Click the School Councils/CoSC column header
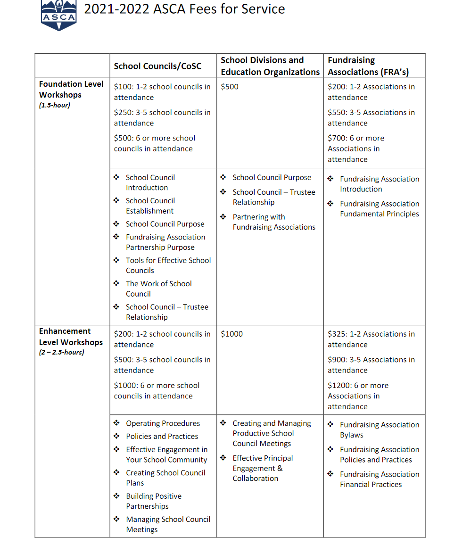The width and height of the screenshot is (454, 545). click(x=157, y=66)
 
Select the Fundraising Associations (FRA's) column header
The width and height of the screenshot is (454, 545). click(x=368, y=66)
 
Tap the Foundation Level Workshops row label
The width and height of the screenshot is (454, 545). click(x=71, y=89)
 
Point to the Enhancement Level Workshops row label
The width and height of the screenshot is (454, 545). click(x=71, y=337)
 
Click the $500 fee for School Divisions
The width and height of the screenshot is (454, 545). click(x=230, y=87)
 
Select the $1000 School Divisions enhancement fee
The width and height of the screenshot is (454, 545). click(x=232, y=334)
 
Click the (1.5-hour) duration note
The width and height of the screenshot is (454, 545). click(x=54, y=105)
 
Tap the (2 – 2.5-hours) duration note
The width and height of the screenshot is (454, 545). click(x=62, y=352)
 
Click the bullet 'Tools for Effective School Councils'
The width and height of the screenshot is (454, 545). click(x=168, y=265)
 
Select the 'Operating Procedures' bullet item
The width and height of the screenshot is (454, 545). click(x=163, y=423)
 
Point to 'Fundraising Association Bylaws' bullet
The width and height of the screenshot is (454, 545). click(x=379, y=429)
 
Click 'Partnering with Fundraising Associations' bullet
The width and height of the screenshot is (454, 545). click(x=273, y=222)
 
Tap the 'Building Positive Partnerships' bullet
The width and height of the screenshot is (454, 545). click(x=153, y=501)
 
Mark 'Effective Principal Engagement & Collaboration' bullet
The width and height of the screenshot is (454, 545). click(x=262, y=468)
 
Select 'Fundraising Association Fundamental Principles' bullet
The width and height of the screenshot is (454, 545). click(x=379, y=209)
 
